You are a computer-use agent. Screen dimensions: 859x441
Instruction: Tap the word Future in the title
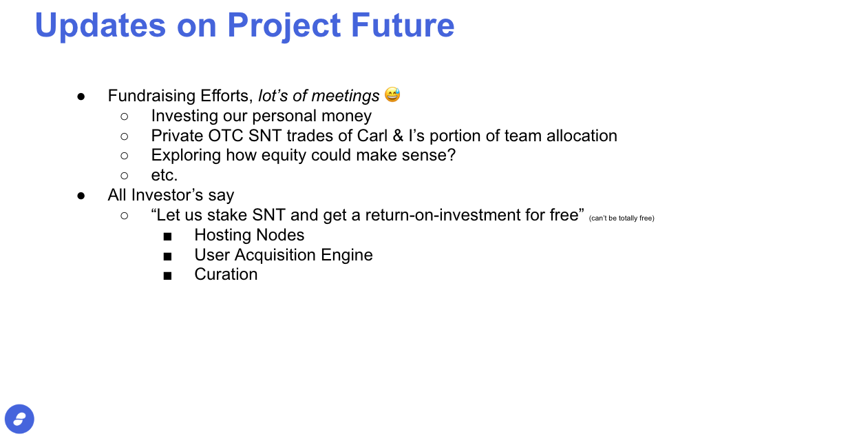pos(403,25)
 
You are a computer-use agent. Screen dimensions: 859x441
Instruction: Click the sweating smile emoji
pos(392,95)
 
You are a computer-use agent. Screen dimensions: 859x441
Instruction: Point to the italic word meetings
pos(346,96)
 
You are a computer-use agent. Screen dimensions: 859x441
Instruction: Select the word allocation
pos(582,136)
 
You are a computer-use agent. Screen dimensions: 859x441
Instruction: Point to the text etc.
pos(165,176)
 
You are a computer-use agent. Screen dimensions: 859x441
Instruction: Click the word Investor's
pos(167,195)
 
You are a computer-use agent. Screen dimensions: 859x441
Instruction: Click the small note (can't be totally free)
pos(622,218)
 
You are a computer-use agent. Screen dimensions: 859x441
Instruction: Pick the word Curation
pos(226,274)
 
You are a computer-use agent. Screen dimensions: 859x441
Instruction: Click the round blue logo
pos(19,419)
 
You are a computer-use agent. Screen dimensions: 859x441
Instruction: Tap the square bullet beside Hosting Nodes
pos(167,236)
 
